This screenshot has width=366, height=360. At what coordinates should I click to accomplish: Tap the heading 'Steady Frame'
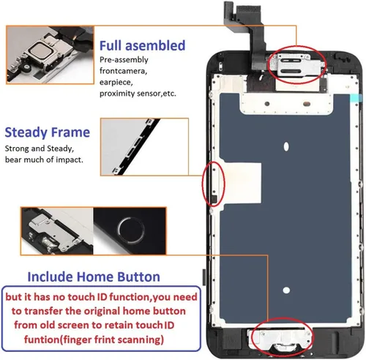pos(48,132)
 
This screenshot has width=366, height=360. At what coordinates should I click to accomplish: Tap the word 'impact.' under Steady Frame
pos(66,159)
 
